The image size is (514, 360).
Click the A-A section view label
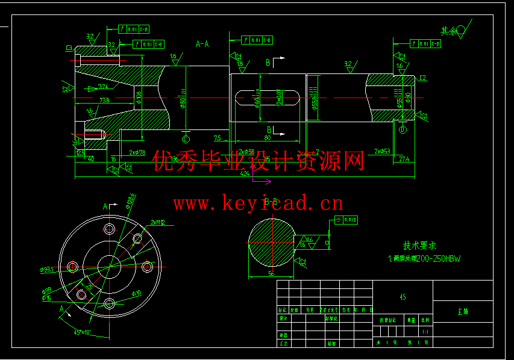tap(202, 44)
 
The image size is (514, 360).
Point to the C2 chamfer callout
tap(422, 78)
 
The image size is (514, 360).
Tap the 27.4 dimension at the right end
tap(404, 159)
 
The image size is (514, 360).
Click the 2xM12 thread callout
tap(158, 222)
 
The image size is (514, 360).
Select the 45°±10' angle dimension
tap(82, 332)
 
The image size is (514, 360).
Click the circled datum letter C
tap(186, 140)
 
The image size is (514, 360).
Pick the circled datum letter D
tap(403, 129)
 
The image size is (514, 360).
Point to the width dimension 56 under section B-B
tap(271, 273)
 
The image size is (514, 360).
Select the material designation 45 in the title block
tap(403, 296)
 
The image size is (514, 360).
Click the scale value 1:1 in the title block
tap(425, 331)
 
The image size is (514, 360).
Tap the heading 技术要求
tap(419, 246)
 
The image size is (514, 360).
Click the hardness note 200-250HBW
tap(442, 259)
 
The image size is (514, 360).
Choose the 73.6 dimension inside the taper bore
tap(104, 100)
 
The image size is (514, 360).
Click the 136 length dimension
tap(174, 159)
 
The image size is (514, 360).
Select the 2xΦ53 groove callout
tap(382, 151)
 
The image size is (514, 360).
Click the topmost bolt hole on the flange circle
tap(110, 229)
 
